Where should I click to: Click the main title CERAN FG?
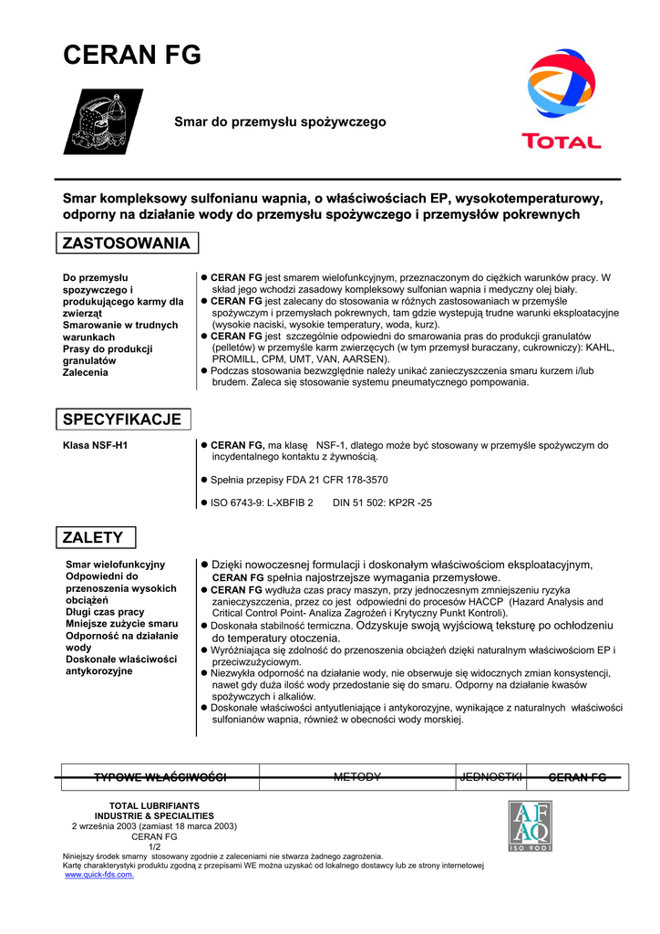coord(131,56)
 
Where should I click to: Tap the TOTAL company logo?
coord(561,99)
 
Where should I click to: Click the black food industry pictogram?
coord(102,121)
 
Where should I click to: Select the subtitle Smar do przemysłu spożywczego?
coord(281,121)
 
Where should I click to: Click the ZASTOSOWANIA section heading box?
coord(126,244)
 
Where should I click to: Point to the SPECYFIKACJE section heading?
coord(121,420)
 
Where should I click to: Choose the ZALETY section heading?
coord(94,538)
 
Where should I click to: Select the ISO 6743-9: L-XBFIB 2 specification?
coord(263,503)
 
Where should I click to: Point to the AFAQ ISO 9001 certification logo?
coord(530,825)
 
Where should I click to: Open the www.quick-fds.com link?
coord(99,875)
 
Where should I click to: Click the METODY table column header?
coord(356,777)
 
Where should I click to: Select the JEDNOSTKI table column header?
coord(491,777)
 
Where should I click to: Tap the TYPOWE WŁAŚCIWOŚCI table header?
coord(160,777)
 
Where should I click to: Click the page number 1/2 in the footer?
coord(154,846)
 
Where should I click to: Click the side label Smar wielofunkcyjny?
coord(116,565)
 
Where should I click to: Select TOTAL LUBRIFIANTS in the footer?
coord(154,805)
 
